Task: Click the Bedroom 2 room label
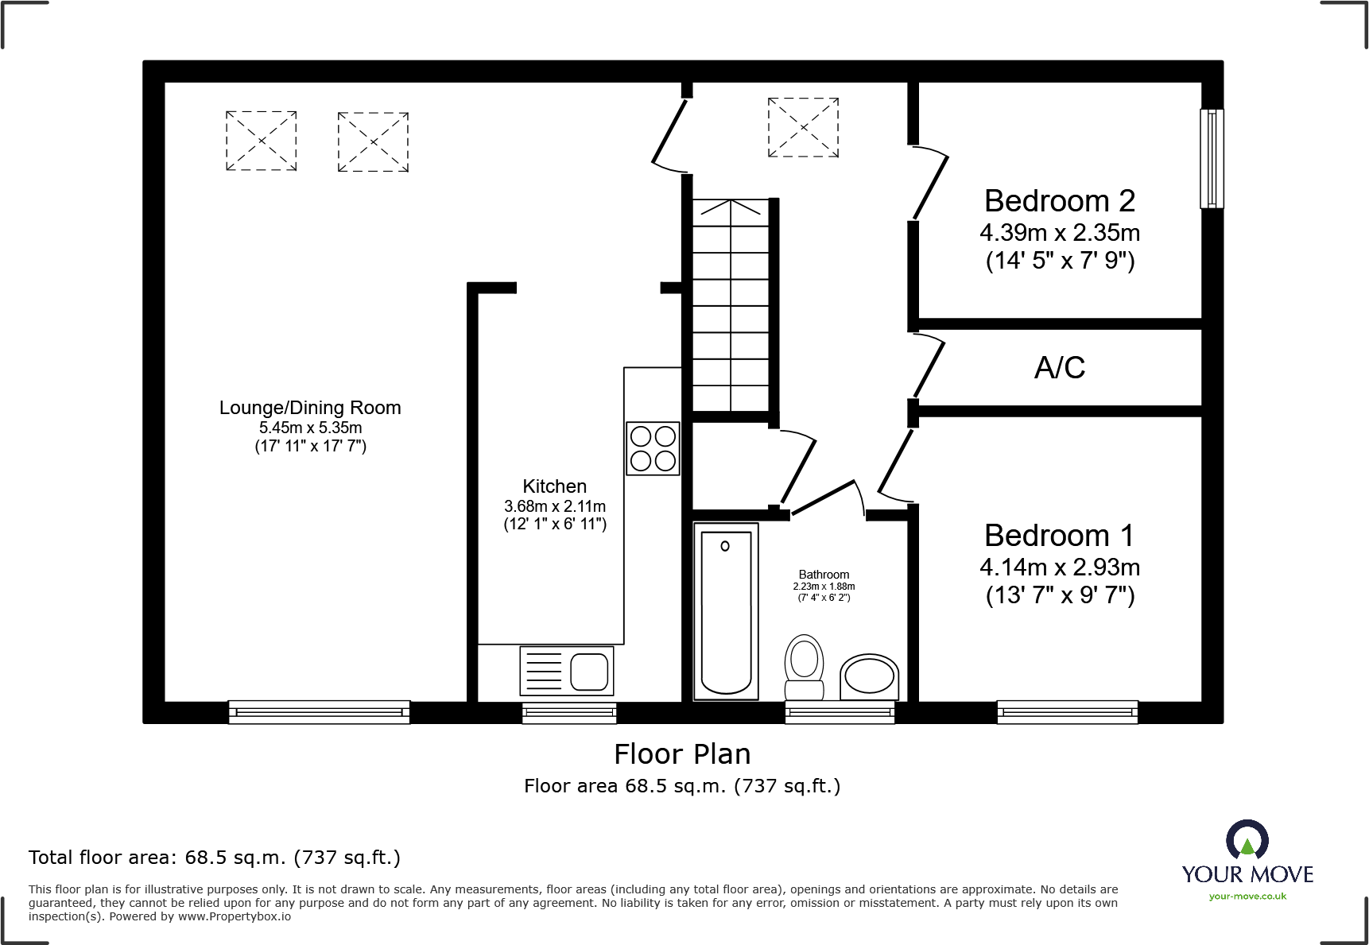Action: pos(1059,201)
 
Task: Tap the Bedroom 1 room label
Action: pos(1059,536)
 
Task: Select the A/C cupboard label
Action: pos(1059,367)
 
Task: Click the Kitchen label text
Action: pos(554,486)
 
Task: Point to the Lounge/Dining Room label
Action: pos(310,408)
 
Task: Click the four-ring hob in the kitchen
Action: pos(653,448)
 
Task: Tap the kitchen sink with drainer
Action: pos(566,670)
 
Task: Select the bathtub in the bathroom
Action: pos(726,611)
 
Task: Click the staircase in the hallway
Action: pos(731,305)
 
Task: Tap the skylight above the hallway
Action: pos(803,127)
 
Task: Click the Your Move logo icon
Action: pos(1247,839)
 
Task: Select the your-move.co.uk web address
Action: pos(1247,897)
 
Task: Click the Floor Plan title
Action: pos(682,753)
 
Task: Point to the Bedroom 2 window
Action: pos(1212,159)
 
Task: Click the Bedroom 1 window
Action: pos(1067,712)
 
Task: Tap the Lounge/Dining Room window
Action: pos(319,712)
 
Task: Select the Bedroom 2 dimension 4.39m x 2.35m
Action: pos(1059,233)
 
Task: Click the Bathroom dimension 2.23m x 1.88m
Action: pos(824,587)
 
